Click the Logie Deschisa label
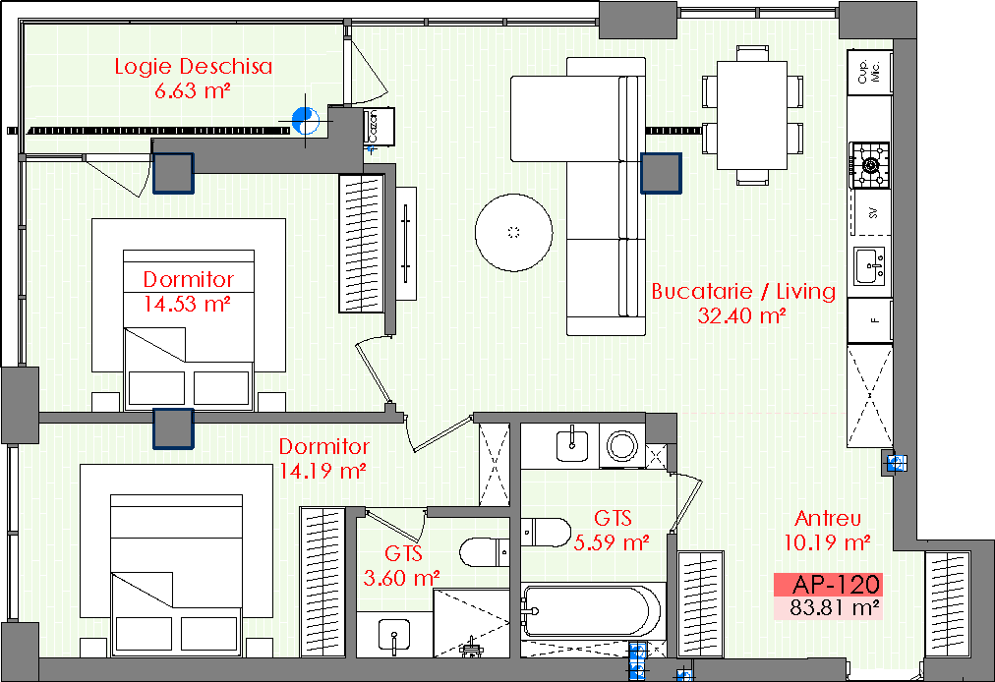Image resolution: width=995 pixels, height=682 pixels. pyautogui.click(x=194, y=67)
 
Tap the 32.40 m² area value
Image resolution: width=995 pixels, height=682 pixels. pyautogui.click(x=741, y=315)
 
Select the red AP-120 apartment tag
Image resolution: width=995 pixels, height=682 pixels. pyautogui.click(x=828, y=584)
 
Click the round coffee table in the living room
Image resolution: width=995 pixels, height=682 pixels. pyautogui.click(x=513, y=233)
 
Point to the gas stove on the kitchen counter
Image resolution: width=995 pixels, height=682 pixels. pyautogui.click(x=870, y=165)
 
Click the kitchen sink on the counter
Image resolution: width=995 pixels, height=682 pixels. pyautogui.click(x=869, y=265)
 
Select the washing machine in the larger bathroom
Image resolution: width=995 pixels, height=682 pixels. pyautogui.click(x=621, y=445)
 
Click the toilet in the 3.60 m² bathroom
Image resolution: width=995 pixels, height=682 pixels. pyautogui.click(x=484, y=552)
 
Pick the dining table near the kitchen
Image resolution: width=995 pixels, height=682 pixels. pyautogui.click(x=752, y=115)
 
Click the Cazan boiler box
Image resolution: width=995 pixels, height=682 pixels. pyautogui.click(x=379, y=127)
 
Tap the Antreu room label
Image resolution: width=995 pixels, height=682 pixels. pyautogui.click(x=828, y=518)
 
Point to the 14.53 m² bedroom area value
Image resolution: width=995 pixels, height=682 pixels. pyautogui.click(x=187, y=304)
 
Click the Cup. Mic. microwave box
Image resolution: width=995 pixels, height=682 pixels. pyautogui.click(x=869, y=72)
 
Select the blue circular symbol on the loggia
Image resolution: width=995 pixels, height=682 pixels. pyautogui.click(x=305, y=121)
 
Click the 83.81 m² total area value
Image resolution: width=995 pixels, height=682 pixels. pyautogui.click(x=835, y=607)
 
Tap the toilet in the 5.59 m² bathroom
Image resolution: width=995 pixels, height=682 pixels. pyautogui.click(x=546, y=533)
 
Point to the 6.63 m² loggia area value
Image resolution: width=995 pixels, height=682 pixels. pyautogui.click(x=193, y=90)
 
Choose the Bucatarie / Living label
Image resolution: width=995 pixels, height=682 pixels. pyautogui.click(x=743, y=291)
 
